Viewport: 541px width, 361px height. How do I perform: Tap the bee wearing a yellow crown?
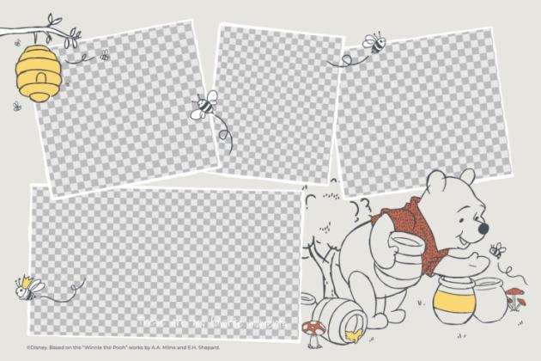(25, 288)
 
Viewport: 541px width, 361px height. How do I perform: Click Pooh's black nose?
(483, 229)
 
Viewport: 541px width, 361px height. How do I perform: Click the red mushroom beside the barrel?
(313, 327)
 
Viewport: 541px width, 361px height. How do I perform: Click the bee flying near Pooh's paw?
(497, 251)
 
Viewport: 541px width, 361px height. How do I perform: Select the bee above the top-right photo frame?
(374, 41)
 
